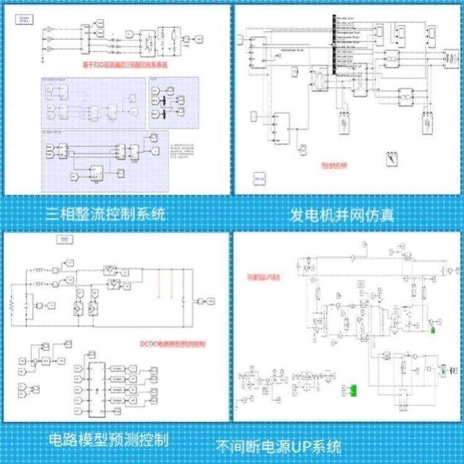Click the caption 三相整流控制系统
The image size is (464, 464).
(107, 215)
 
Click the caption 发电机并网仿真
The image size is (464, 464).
(342, 216)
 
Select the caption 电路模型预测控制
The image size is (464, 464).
(108, 439)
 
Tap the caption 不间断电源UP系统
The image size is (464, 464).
(278, 447)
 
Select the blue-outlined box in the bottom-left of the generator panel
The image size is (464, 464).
(258, 180)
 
